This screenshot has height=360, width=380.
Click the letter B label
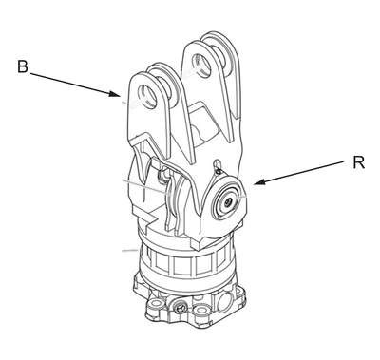(23, 67)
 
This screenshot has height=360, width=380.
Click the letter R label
(358, 162)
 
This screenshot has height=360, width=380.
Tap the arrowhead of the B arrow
(115, 94)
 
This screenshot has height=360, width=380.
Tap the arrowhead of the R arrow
(259, 182)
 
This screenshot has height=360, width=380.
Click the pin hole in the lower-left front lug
(149, 98)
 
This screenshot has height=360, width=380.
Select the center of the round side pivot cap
(227, 202)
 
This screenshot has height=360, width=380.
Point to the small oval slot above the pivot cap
(217, 163)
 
